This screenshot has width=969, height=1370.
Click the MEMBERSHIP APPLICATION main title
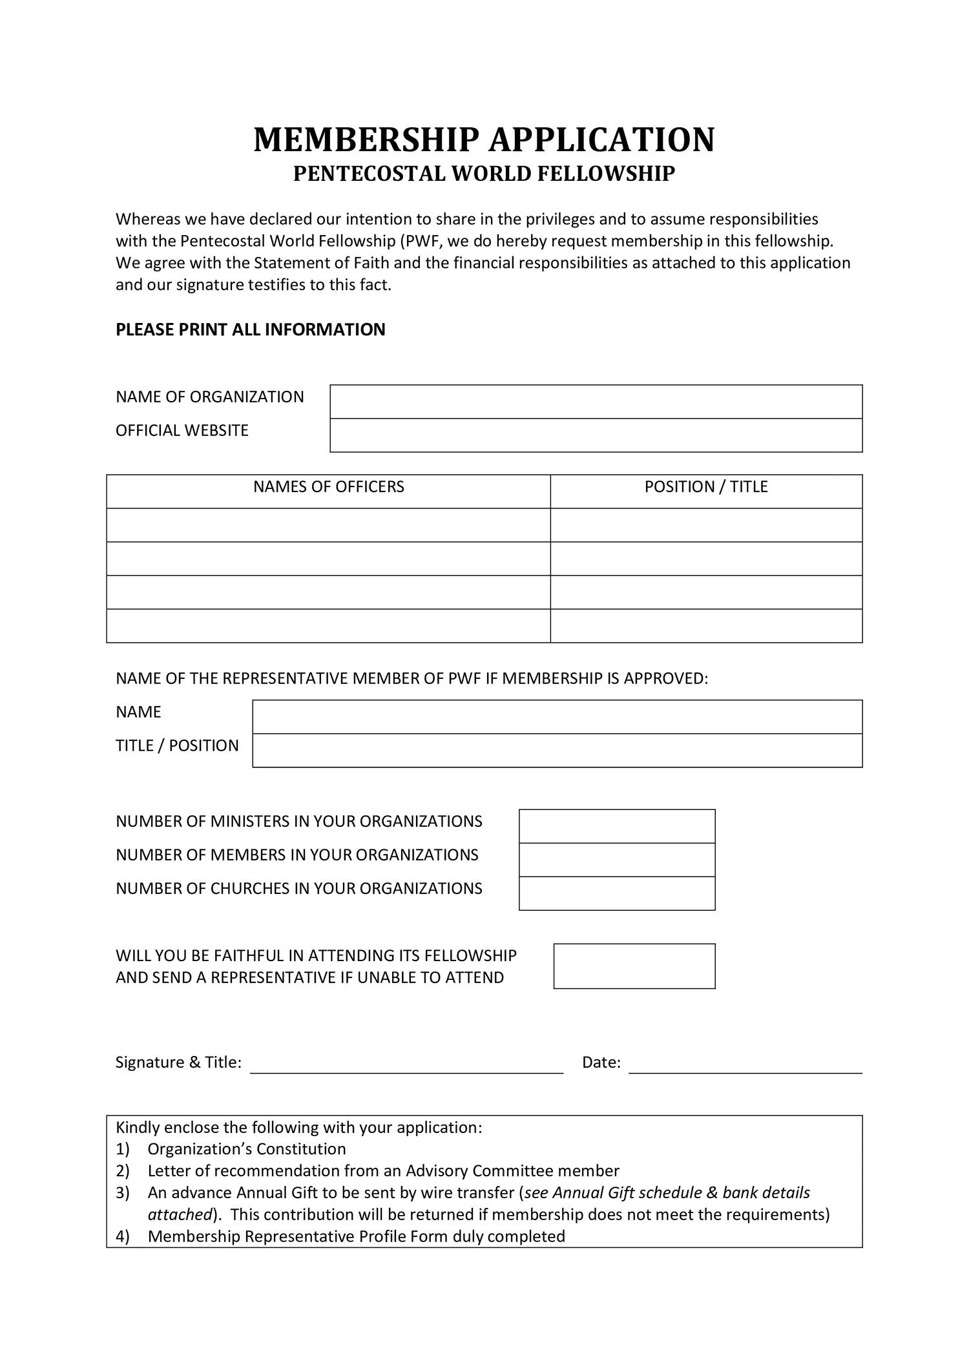[484, 140]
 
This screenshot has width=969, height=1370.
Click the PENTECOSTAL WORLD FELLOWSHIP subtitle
[484, 174]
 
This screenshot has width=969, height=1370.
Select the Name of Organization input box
[596, 402]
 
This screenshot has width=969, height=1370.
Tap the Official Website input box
[596, 435]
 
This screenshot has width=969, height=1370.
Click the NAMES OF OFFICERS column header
[328, 487]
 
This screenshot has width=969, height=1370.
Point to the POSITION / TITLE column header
[706, 487]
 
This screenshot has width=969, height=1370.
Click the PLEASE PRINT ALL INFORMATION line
[250, 329]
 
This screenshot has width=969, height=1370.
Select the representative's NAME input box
[557, 717]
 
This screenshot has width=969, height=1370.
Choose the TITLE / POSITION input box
[557, 751]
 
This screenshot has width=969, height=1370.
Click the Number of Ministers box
[617, 826]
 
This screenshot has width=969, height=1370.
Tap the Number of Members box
[617, 860]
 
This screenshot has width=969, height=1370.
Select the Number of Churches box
[617, 893]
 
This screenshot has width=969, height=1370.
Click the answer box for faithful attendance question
[634, 966]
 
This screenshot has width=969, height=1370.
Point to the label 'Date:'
[601, 1063]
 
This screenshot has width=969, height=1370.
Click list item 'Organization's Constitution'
[247, 1149]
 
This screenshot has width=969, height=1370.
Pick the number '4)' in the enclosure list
[123, 1236]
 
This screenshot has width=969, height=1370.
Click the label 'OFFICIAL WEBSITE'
[182, 431]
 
